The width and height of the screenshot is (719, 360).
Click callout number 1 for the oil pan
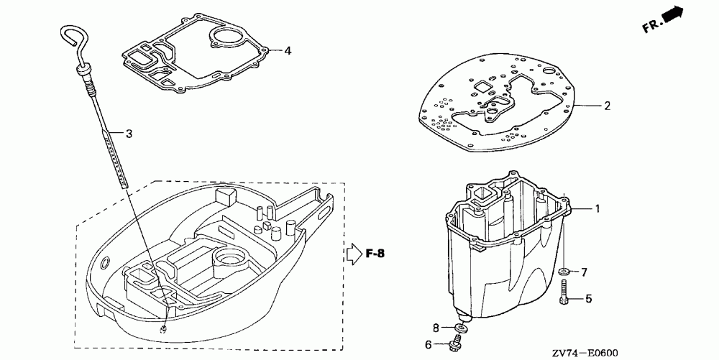pyautogui.click(x=596, y=208)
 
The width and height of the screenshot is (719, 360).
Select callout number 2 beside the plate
pyautogui.click(x=607, y=106)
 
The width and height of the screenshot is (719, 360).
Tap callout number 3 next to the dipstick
pyautogui.click(x=129, y=133)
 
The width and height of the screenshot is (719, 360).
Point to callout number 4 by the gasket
pyautogui.click(x=287, y=51)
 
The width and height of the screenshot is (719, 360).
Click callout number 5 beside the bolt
pyautogui.click(x=588, y=298)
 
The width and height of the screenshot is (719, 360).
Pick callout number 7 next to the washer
pyautogui.click(x=585, y=272)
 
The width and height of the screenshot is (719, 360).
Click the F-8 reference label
pyautogui.click(x=377, y=253)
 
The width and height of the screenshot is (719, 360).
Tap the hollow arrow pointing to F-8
pyautogui.click(x=353, y=253)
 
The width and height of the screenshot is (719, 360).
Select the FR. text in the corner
pyautogui.click(x=652, y=27)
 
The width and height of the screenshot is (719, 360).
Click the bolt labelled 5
pyautogui.click(x=564, y=292)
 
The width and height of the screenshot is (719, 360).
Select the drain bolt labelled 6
pyautogui.click(x=456, y=343)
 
